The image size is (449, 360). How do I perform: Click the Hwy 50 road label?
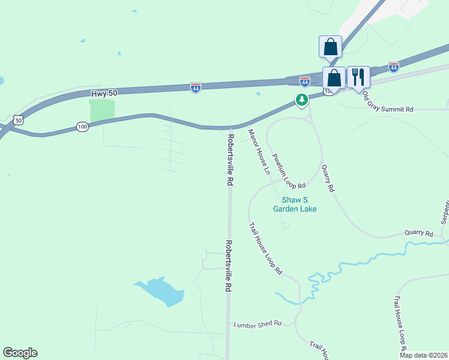click(x=106, y=95)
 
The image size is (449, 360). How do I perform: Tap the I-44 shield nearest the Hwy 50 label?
click(x=196, y=88)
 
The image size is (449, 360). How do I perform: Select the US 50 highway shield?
click(x=19, y=121)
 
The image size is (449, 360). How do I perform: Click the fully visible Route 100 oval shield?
click(x=83, y=127)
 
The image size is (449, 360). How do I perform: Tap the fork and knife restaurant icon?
click(x=358, y=77)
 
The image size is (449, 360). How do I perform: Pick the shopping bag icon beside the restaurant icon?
click(x=334, y=78)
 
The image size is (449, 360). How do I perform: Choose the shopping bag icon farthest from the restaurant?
click(x=330, y=46)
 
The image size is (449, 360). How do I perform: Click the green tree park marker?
click(x=302, y=99)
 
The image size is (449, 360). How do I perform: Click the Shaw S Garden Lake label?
click(x=295, y=205)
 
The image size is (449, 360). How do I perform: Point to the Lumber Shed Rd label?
click(x=258, y=324)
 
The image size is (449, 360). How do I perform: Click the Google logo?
click(x=20, y=353)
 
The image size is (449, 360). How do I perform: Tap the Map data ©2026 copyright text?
click(x=423, y=355)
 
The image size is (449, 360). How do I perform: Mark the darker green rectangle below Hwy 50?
click(x=101, y=110)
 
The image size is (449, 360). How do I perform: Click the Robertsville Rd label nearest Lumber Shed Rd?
click(x=229, y=266)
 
